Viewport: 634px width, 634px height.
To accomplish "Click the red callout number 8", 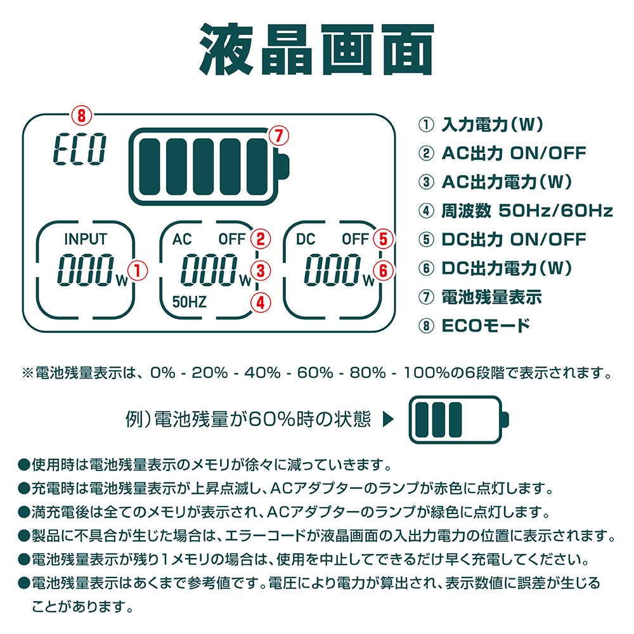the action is (82, 115).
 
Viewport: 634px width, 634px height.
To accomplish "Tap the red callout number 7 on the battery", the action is (279, 136).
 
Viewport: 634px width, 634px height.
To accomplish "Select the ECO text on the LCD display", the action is (80, 149).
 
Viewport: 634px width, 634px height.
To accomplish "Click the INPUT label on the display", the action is (86, 239).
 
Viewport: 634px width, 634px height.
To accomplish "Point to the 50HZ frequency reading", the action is (189, 302).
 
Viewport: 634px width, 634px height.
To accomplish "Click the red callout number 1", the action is (138, 271).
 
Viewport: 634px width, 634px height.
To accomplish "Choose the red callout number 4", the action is (261, 302).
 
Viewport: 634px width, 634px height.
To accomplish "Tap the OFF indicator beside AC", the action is (232, 239).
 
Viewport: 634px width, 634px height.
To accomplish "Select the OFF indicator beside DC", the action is (356, 239).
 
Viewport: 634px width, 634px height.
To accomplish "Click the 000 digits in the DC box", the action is (333, 269).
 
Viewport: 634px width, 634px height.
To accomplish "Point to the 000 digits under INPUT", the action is (86, 269).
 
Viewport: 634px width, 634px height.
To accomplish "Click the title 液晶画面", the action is (316, 49).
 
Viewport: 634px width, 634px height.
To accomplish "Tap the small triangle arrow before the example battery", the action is (388, 419).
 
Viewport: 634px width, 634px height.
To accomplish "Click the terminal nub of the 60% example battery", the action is (505, 419).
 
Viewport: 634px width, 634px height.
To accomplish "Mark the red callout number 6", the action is (384, 271).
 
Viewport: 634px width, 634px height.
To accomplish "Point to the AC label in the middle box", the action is (182, 239).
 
